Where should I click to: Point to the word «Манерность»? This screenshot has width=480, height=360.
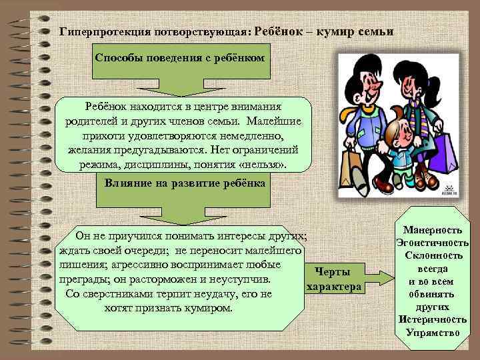pyautogui.click(x=433, y=230)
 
